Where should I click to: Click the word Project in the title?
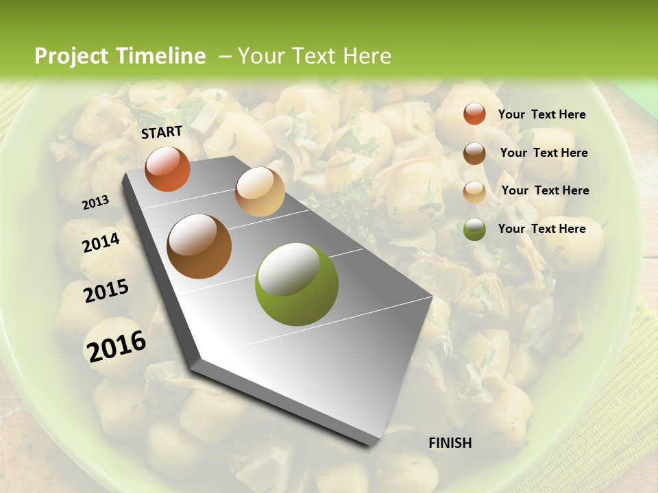pos(71,56)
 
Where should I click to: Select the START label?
pos(162,132)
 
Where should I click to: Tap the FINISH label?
pos(450,443)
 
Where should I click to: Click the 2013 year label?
pos(96,203)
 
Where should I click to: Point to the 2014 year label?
pos(101,242)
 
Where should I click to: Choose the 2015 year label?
pos(106,291)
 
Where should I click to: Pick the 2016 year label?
pos(117,346)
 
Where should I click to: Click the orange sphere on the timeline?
pos(167,169)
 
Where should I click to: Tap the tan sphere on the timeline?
pos(260,192)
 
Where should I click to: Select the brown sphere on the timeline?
pos(199,246)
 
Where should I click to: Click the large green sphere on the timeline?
pos(297,284)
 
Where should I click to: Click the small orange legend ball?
pos(474,114)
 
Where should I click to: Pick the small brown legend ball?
pos(474,153)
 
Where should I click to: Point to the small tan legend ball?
pos(474,191)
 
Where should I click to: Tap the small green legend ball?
pos(474,229)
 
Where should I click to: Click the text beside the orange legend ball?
pos(541,114)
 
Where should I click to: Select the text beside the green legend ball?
pos(541,229)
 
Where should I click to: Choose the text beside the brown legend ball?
pos(544,153)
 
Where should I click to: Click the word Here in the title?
pos(367,56)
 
